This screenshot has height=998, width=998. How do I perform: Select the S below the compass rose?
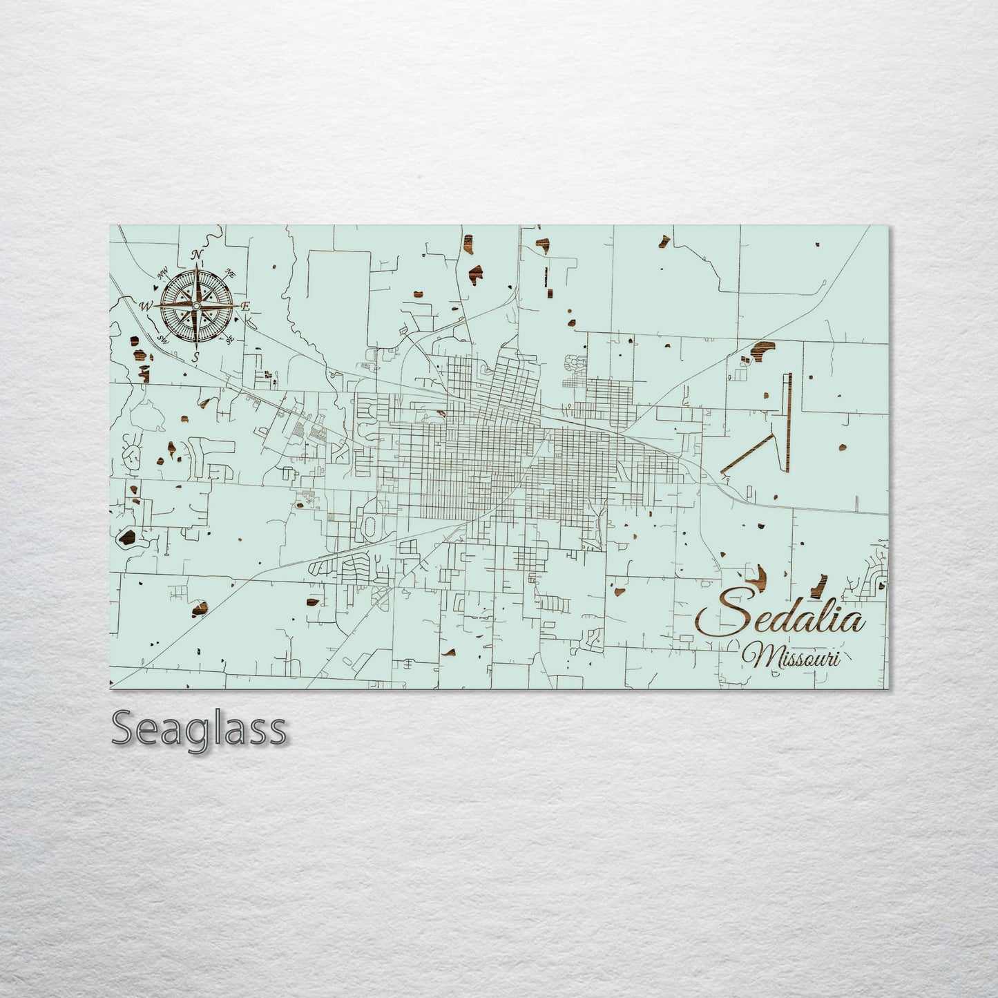[196, 357]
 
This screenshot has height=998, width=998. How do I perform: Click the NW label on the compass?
[164, 276]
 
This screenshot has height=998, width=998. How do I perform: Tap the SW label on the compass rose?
[164, 338]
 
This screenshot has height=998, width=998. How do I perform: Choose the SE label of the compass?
[229, 338]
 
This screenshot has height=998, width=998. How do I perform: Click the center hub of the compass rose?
[196, 305]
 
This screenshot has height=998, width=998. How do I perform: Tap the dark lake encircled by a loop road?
[127, 537]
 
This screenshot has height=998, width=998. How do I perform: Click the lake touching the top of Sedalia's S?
[759, 575]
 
